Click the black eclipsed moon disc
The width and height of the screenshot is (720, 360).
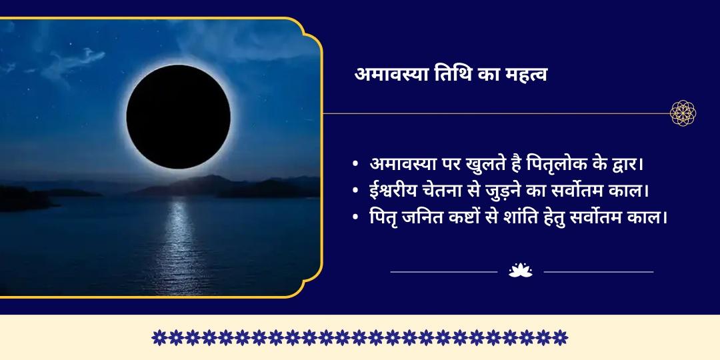[x=178, y=117]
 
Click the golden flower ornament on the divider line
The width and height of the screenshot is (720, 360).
[x=683, y=113]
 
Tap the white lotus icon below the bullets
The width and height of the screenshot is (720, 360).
[x=520, y=271]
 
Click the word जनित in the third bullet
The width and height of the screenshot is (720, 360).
[x=431, y=217]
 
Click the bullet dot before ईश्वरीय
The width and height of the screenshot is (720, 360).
[x=357, y=191]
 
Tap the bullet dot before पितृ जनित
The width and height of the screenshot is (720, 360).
[x=357, y=217]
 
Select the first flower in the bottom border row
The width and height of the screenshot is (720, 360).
[x=159, y=337]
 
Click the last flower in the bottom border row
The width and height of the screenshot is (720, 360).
[x=561, y=337]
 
